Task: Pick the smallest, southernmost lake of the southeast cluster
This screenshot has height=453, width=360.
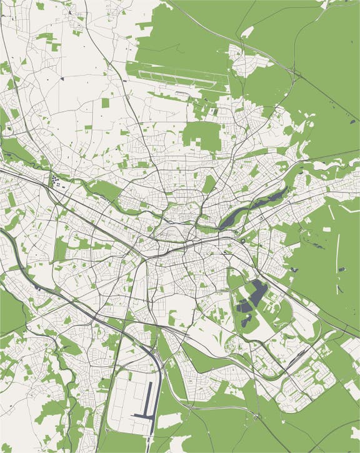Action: pos(246,321)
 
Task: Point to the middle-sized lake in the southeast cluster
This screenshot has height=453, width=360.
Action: pos(243,306)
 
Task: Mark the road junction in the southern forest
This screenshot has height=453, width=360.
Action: pos(256,415)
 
